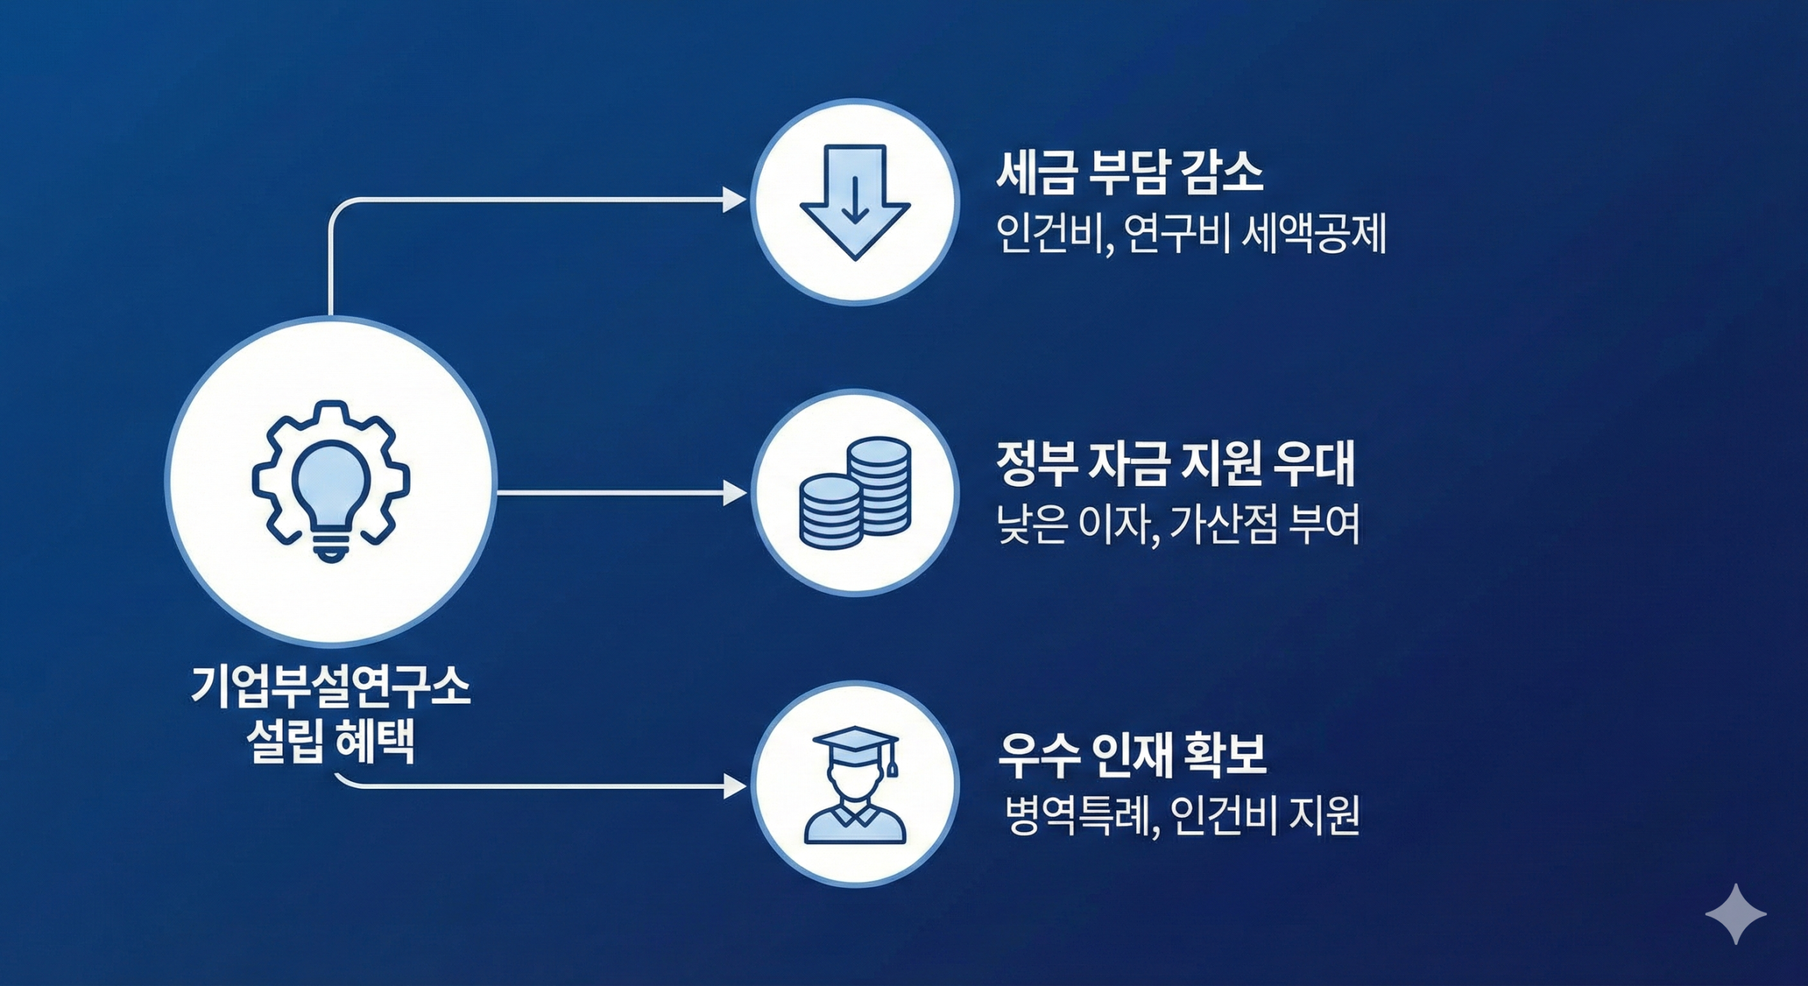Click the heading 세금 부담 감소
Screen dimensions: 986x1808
pyautogui.click(x=1129, y=173)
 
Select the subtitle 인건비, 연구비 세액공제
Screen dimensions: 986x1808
pyautogui.click(x=1190, y=234)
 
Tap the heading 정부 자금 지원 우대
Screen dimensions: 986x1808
pyautogui.click(x=1175, y=464)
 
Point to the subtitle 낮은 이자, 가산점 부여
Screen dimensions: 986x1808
pyautogui.click(x=1177, y=525)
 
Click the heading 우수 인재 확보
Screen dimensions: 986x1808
pyautogui.click(x=1131, y=756)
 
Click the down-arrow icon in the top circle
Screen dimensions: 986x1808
pyautogui.click(x=855, y=202)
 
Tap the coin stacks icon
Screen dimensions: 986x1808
pyautogui.click(x=855, y=493)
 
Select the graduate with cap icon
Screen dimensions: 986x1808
pyautogui.click(x=855, y=785)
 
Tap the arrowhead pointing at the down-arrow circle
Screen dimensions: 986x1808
pyautogui.click(x=734, y=201)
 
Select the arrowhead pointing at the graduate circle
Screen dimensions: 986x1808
pyautogui.click(x=734, y=785)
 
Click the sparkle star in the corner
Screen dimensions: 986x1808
pyautogui.click(x=1735, y=913)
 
